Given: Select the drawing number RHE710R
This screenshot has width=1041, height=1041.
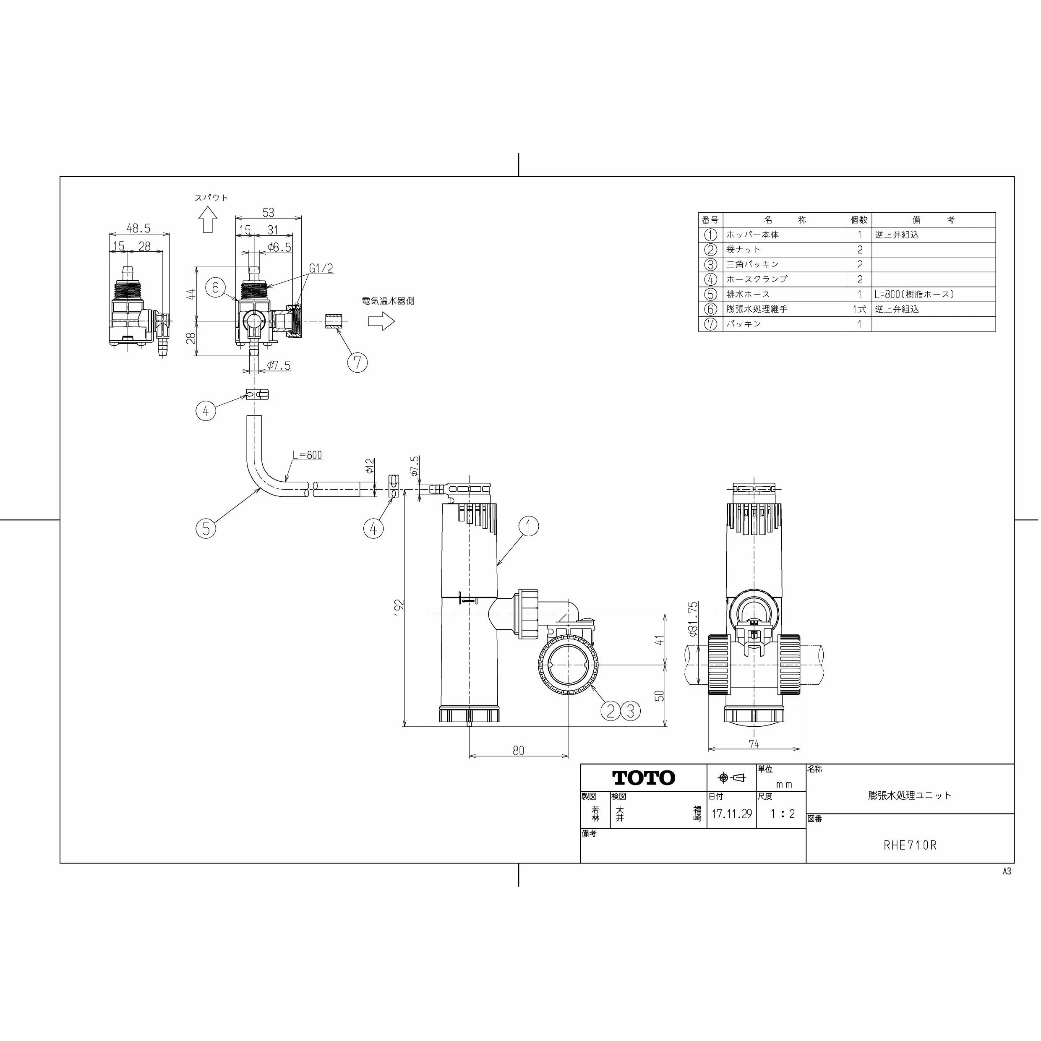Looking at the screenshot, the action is tap(910, 845).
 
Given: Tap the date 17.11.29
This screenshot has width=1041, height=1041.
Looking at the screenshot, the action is tap(731, 814).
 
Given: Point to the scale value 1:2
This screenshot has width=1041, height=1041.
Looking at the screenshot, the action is tap(783, 814).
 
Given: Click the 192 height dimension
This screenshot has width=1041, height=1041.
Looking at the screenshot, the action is tap(399, 607).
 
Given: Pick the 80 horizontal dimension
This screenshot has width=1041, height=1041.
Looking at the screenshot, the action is tap(518, 750).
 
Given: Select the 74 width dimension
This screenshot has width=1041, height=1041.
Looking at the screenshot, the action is tap(754, 744).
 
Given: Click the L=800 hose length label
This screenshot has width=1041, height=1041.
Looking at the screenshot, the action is tap(308, 455).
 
